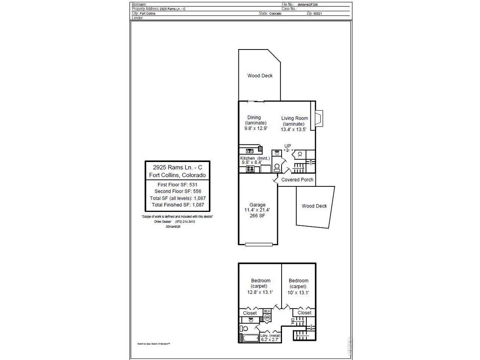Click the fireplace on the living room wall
(319, 118)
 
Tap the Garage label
(257, 205)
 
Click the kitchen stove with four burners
(250, 169)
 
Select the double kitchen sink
(250, 151)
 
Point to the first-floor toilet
(277, 167)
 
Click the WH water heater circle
(267, 318)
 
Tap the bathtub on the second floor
(250, 338)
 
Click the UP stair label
(288, 146)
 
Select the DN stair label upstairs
(292, 321)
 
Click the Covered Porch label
(297, 180)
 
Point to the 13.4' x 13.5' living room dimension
(294, 129)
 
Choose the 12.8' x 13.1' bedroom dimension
(260, 292)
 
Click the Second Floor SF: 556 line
(178, 191)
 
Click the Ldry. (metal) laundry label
(268, 336)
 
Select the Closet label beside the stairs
(304, 313)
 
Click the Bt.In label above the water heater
(267, 311)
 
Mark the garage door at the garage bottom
(259, 245)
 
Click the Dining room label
(254, 117)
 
